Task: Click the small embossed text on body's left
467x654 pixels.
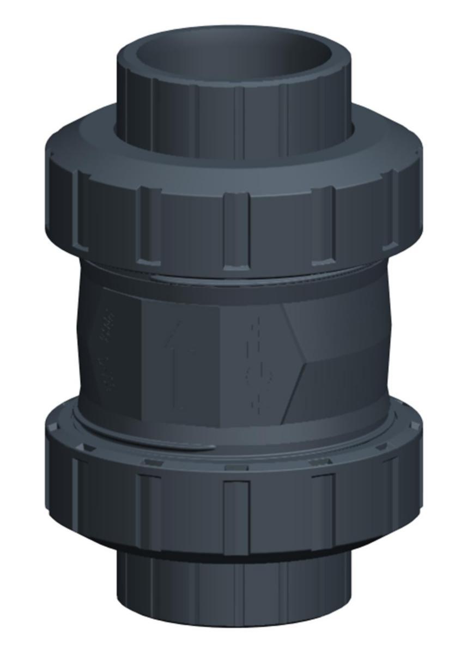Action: coord(109,349)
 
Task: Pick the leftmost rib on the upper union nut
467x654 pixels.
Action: coord(82,210)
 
